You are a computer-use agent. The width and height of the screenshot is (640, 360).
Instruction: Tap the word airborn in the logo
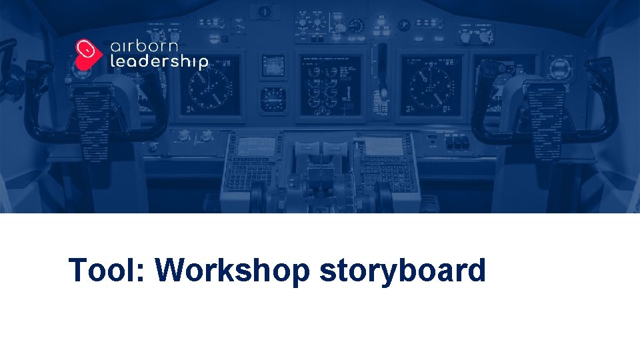[x=144, y=48]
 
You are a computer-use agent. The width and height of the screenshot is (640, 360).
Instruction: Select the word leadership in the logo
[x=159, y=63]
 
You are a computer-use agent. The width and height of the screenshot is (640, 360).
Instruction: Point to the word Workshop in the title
[x=233, y=271]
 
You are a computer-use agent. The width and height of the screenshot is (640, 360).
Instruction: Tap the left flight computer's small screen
[x=257, y=146]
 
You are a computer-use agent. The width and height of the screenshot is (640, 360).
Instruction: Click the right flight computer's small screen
[x=383, y=146]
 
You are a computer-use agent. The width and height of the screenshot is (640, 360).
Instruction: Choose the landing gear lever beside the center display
[x=382, y=67]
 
